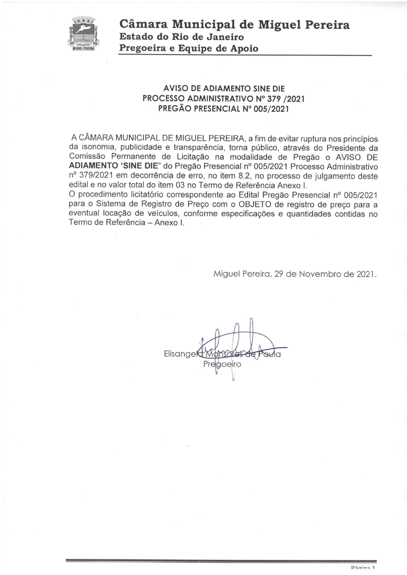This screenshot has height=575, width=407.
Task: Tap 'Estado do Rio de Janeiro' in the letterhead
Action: pyautogui.click(x=181, y=37)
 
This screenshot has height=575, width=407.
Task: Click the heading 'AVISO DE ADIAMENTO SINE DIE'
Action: pyautogui.click(x=224, y=88)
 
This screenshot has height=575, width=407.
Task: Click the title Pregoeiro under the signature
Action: pyautogui.click(x=222, y=364)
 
